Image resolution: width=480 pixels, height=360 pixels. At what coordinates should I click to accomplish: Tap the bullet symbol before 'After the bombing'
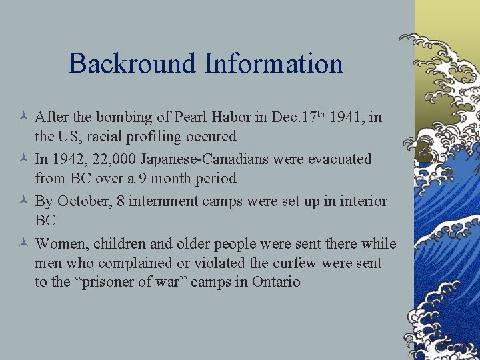(x=25, y=118)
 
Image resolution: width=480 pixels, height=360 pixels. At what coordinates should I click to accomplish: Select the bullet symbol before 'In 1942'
(x=25, y=160)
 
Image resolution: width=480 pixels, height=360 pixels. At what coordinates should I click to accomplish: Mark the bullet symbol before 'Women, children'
(x=25, y=244)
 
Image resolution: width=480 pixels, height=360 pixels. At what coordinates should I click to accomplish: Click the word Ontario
(x=276, y=282)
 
